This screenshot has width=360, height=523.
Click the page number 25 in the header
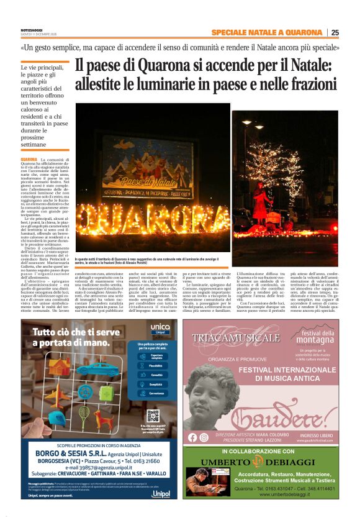(335, 33)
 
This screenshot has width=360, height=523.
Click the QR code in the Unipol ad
(153, 415)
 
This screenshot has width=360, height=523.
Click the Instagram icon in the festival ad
(204, 437)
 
